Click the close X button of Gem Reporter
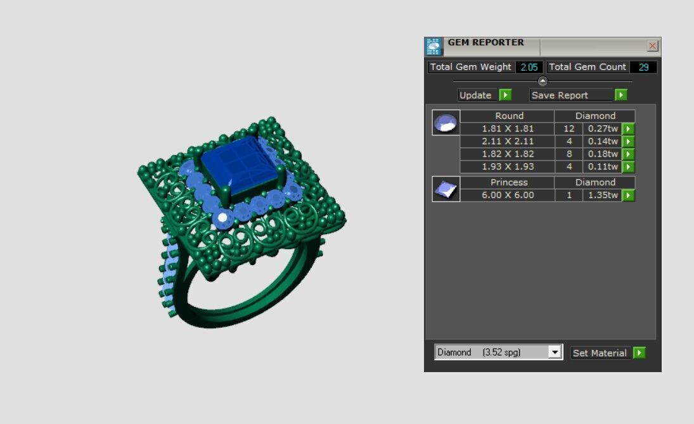pos(653,46)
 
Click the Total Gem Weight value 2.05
pos(529,67)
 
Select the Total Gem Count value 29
pos(643,67)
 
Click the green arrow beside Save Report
pos(620,95)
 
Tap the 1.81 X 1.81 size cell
pos(508,128)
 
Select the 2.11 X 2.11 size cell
pos(508,141)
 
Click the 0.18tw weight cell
pos(602,154)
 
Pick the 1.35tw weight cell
pos(602,195)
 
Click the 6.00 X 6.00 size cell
pos(508,195)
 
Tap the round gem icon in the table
pos(446,122)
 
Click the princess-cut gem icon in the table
pos(446,189)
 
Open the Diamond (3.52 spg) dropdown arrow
pos(555,352)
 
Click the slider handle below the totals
pos(543,81)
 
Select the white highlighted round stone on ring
pos(222,218)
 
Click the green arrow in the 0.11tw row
pos(628,167)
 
